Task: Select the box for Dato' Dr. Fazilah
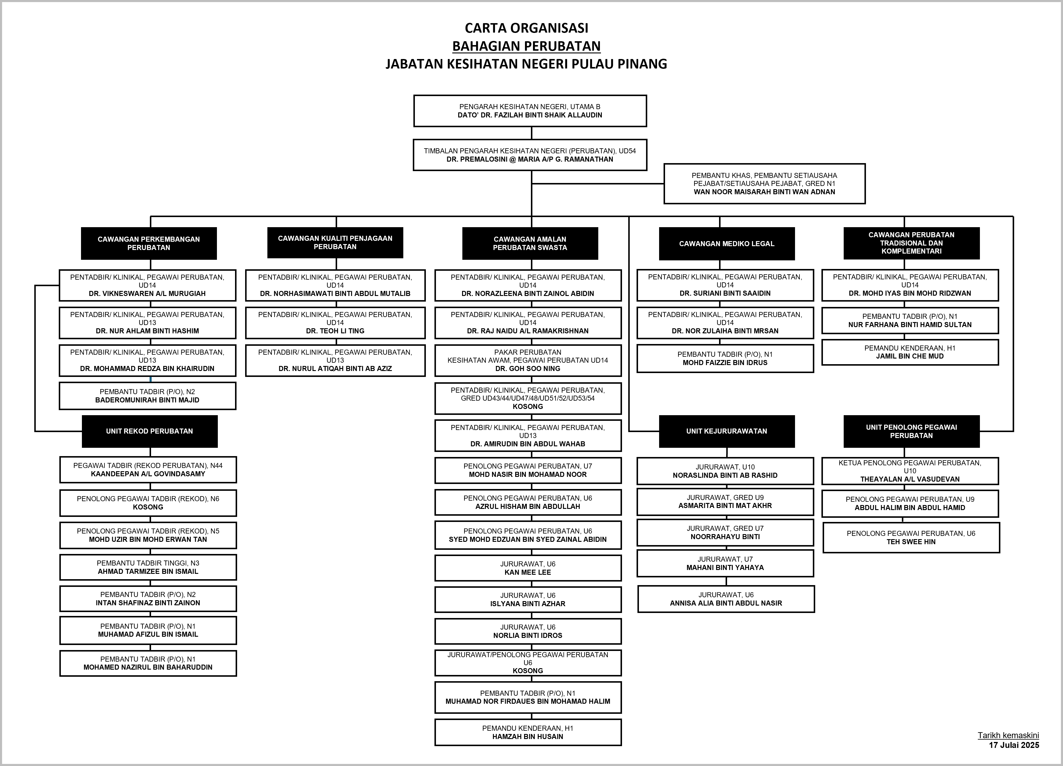pyautogui.click(x=530, y=111)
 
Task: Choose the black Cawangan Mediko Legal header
pyautogui.click(x=726, y=244)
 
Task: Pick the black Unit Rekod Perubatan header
pyautogui.click(x=150, y=431)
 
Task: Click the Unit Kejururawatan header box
pyautogui.click(x=726, y=431)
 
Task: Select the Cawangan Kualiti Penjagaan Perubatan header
pyautogui.click(x=335, y=243)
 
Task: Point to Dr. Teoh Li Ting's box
pyautogui.click(x=335, y=323)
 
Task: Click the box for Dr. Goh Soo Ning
pyautogui.click(x=528, y=360)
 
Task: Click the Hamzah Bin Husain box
pyautogui.click(x=528, y=732)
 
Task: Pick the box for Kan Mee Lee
pyautogui.click(x=528, y=568)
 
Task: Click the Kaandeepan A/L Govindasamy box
pyautogui.click(x=148, y=469)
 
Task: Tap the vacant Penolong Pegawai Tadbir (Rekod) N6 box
pyautogui.click(x=148, y=503)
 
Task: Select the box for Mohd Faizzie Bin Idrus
pyautogui.click(x=725, y=359)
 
